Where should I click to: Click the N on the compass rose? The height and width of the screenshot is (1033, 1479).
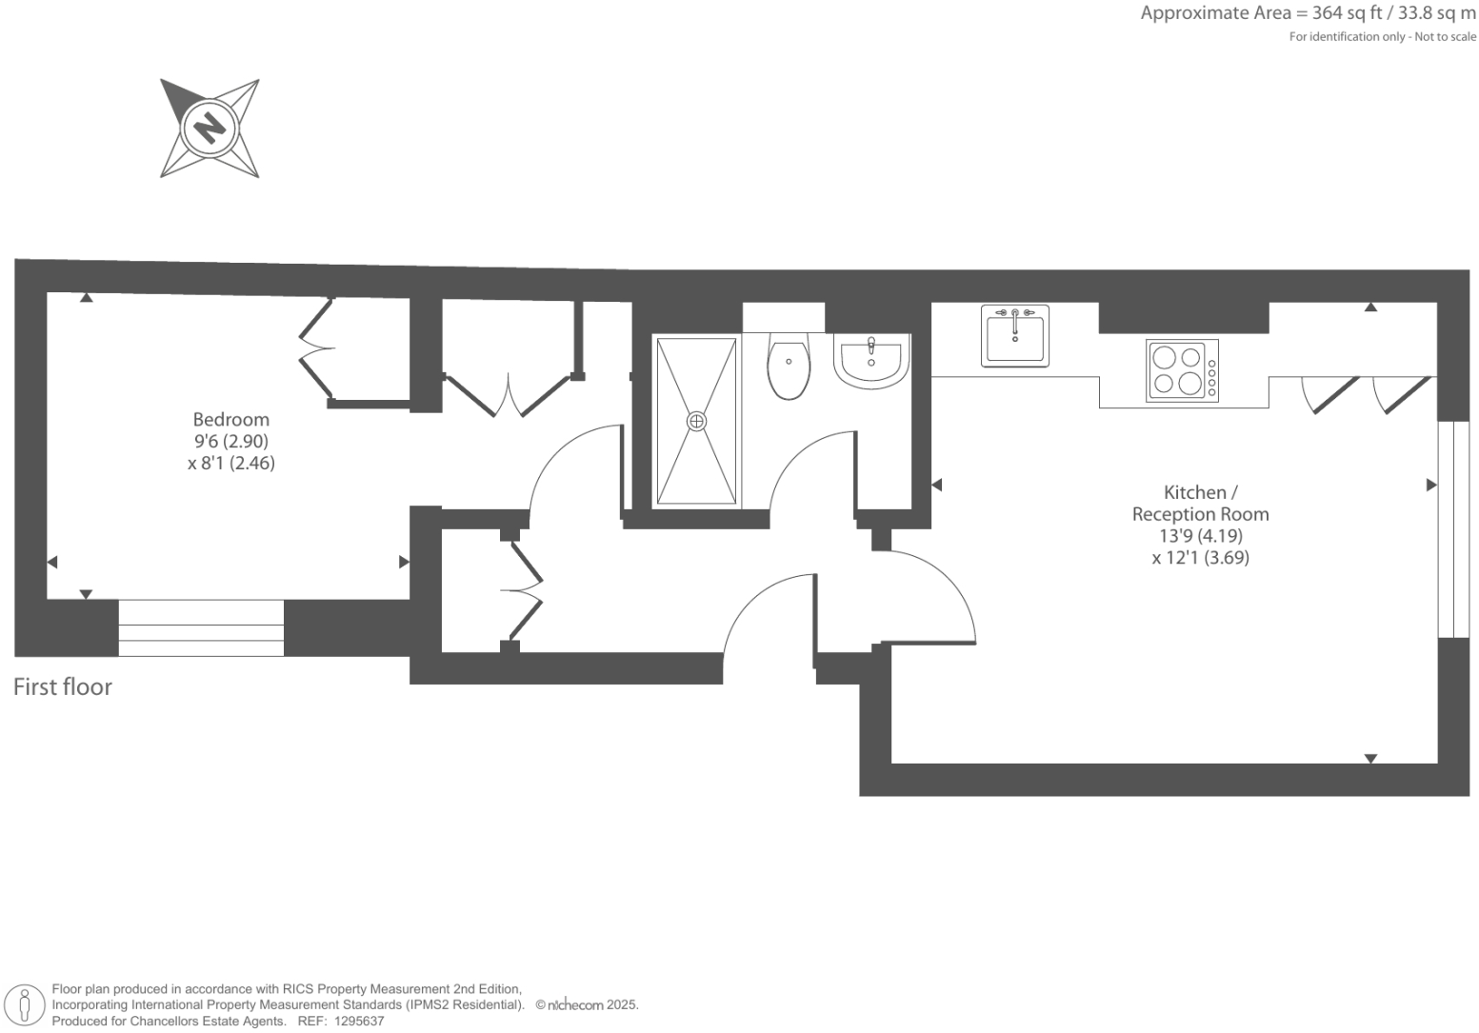209,127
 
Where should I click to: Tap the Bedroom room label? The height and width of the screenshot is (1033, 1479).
230,419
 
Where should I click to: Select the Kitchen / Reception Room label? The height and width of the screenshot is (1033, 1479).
1200,503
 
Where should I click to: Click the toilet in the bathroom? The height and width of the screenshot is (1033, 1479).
789,368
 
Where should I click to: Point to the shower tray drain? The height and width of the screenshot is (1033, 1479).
696,420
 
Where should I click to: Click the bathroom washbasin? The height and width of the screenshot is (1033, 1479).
870,360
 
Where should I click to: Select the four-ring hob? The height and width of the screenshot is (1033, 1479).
1181,370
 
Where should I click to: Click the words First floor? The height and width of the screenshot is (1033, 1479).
63,686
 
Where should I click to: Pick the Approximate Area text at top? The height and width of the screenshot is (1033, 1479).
1308,13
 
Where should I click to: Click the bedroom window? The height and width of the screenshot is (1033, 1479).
201,627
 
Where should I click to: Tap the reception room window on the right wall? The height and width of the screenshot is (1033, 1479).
1452,528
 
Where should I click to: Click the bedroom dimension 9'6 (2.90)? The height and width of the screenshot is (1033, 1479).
230,442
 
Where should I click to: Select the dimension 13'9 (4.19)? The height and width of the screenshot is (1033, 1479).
1200,536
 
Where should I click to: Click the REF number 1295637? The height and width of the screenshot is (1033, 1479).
354,1021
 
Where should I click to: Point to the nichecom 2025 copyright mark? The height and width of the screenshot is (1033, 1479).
586,1004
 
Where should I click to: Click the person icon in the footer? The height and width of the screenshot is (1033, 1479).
26,1005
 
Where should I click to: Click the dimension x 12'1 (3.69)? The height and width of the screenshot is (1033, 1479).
1200,558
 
